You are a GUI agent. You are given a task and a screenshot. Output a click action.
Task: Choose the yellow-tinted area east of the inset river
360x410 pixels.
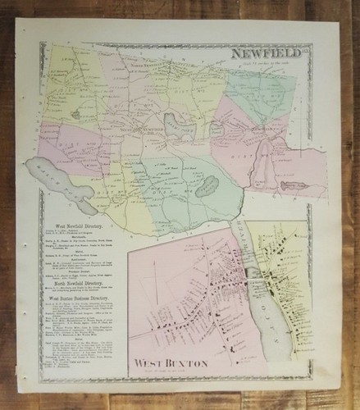pyautogui.click(x=283, y=262)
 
